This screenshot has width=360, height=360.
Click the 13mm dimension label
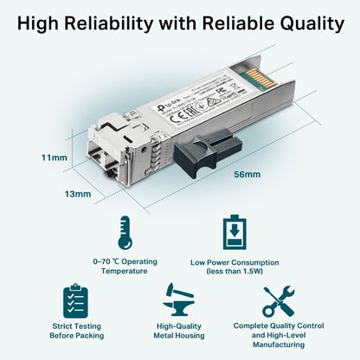coord(78,194)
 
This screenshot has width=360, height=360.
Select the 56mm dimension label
coord(247,175)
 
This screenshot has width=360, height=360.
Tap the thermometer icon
coord(125,233)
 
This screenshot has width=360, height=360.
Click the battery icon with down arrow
coord(235,232)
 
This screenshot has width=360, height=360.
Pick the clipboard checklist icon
coord(76,300)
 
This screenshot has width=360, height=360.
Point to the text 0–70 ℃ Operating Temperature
coord(125,264)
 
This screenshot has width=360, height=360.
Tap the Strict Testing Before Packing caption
coord(76,332)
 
